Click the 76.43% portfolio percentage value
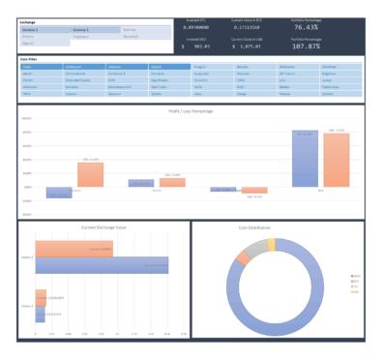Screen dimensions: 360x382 [313, 28]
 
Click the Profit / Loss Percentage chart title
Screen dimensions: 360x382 [190, 112]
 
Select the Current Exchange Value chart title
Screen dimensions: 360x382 [103, 227]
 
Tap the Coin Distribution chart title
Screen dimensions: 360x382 [277, 227]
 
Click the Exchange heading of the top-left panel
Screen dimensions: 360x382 [27, 21]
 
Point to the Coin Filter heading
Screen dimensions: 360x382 [29, 59]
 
